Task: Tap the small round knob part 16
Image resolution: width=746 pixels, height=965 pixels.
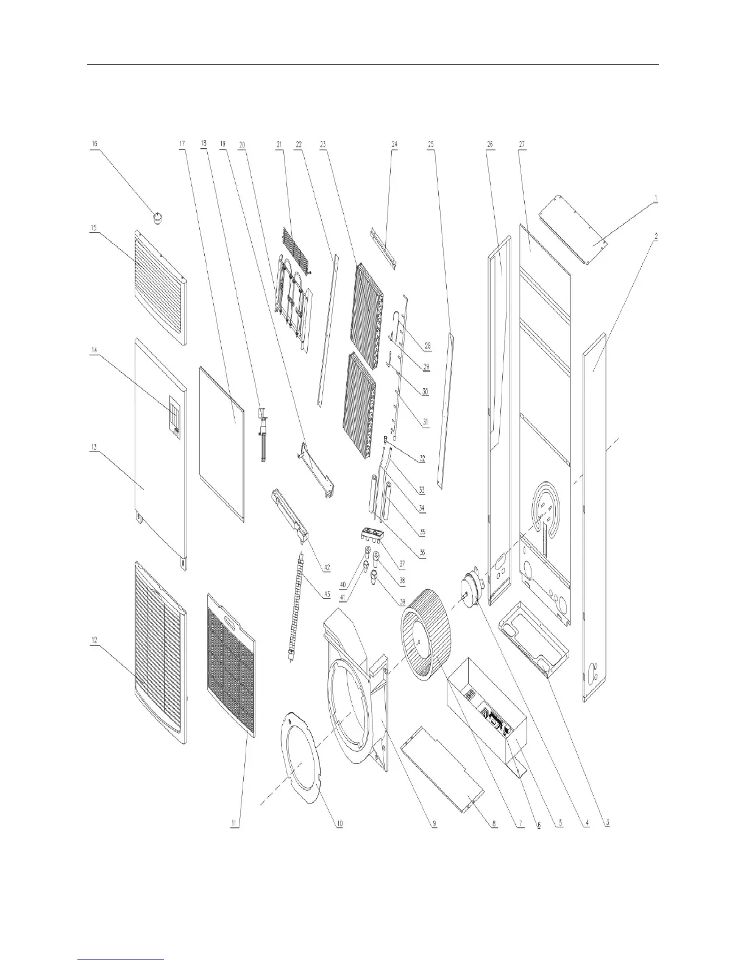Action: pos(160,217)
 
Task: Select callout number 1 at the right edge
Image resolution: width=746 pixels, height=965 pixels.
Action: pos(655,197)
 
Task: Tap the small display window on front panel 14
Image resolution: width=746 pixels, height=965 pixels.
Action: pos(174,416)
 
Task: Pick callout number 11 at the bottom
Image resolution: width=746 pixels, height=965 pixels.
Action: pos(234,824)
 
